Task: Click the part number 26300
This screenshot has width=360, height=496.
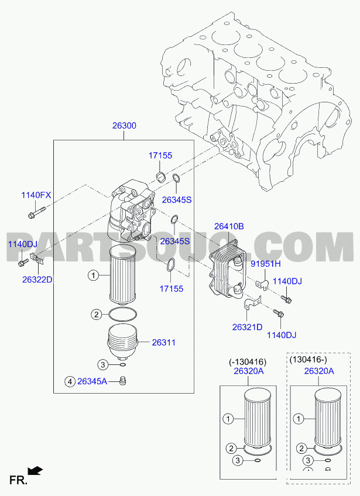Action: coord(124,126)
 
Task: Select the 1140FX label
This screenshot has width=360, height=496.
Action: coord(36,195)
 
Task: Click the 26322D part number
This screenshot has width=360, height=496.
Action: coord(37,280)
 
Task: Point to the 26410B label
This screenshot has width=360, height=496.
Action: coord(229,226)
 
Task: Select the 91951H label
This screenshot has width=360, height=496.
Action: coord(266,263)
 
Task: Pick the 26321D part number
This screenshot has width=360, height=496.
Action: coord(247,327)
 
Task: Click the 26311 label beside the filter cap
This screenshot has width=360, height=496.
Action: coord(164,342)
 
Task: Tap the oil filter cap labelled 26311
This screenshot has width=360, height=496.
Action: coord(124,342)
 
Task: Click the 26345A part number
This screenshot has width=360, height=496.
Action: coord(92,381)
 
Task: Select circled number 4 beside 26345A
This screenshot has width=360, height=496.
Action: coord(70,382)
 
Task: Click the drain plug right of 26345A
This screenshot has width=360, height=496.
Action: coord(123,381)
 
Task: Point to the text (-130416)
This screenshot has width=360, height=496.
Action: coord(248,361)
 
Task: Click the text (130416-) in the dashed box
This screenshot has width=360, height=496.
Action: coord(308,359)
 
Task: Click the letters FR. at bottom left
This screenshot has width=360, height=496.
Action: coord(18,480)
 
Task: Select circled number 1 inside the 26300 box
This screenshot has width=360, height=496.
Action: coord(93,275)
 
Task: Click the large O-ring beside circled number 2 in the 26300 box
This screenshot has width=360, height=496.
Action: coord(123,315)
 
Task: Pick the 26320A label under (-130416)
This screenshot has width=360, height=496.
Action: coord(249,371)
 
